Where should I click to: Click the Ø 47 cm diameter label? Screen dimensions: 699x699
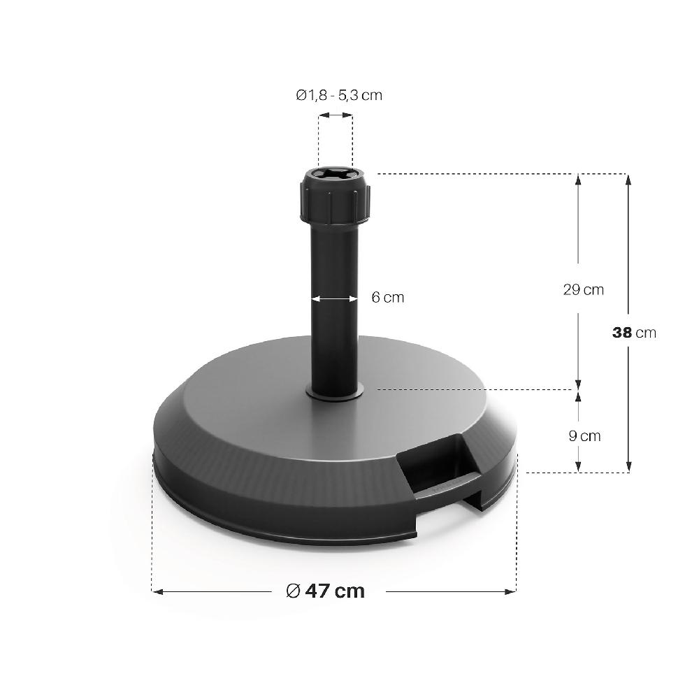pos(326,591)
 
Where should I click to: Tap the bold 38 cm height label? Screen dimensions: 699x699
pos(634,333)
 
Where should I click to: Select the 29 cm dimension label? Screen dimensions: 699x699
pos(583,290)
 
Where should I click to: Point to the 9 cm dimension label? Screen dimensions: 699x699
pos(584,435)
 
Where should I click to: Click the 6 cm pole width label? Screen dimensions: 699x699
pos(388,297)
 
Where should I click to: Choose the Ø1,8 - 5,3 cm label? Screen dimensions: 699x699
pos(339,95)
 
